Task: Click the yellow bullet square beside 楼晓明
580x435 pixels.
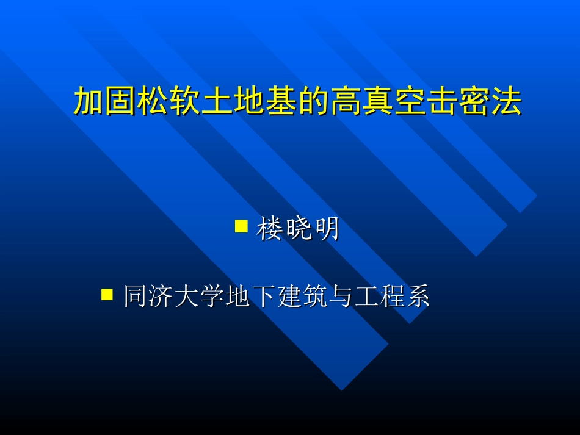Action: pyautogui.click(x=241, y=227)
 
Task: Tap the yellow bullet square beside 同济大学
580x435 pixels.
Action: pyautogui.click(x=107, y=295)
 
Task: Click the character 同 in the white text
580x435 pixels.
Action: pyautogui.click(x=136, y=297)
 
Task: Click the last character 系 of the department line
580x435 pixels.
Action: pyautogui.click(x=418, y=297)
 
